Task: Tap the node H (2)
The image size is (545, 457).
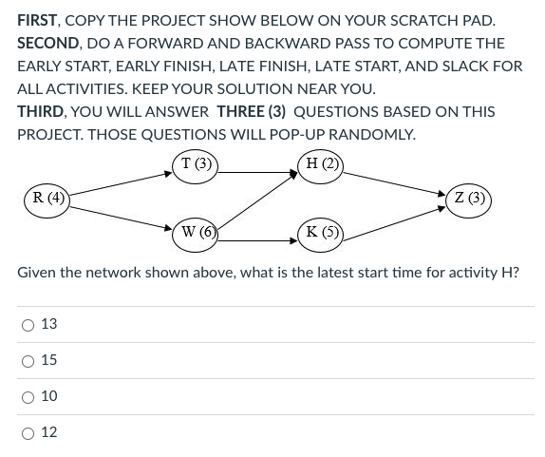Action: point(320,162)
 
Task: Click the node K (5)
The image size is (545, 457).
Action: point(319,231)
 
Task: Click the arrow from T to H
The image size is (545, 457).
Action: point(257,173)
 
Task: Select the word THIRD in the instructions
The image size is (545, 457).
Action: point(42,111)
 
